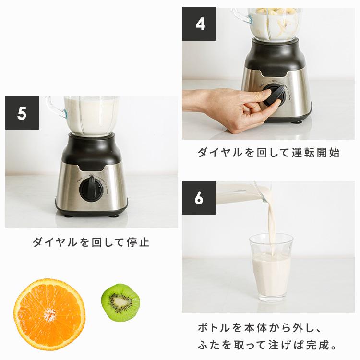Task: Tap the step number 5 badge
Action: pyautogui.click(x=22, y=113)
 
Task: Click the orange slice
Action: pyautogui.click(x=49, y=314)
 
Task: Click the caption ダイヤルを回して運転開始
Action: pyautogui.click(x=269, y=153)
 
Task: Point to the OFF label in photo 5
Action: pyautogui.click(x=91, y=175)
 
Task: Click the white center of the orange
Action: pyautogui.click(x=49, y=315)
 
